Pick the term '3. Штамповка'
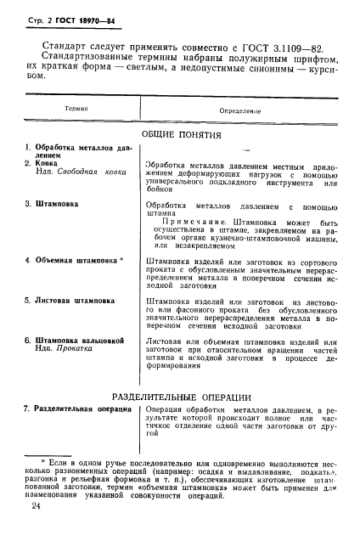coord(52,205)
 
